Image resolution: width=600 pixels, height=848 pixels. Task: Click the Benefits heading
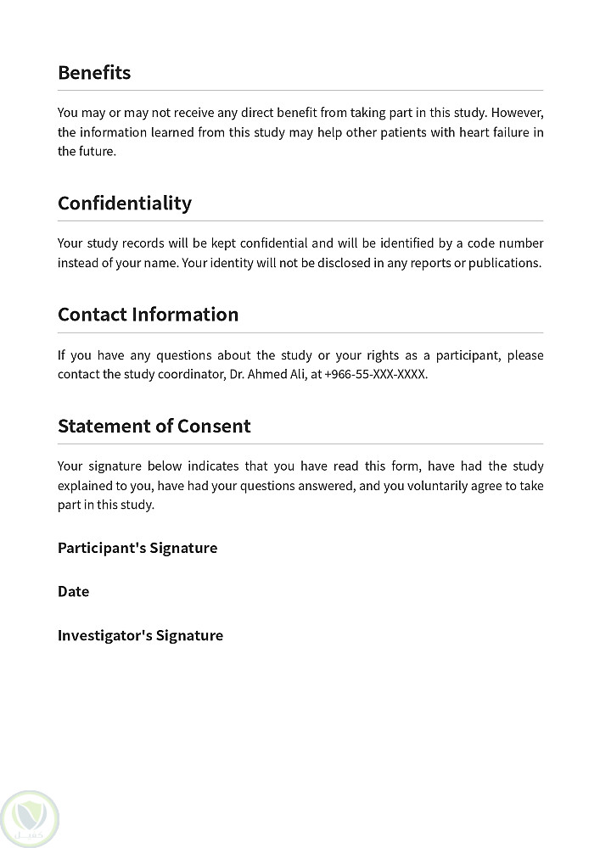point(94,73)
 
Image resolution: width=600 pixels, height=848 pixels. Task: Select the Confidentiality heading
point(125,204)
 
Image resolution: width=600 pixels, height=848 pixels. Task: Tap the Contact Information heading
point(148,315)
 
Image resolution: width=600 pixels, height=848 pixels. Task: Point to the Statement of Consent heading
point(154,426)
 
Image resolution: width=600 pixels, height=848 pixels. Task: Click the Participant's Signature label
point(137,548)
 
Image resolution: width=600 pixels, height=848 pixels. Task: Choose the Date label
point(73,592)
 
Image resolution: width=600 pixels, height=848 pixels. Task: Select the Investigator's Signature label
point(140,636)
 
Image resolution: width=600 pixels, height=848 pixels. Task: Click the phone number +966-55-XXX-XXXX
point(375,374)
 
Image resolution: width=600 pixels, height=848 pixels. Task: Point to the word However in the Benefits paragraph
point(517,113)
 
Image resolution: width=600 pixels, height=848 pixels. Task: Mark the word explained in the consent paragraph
point(87,486)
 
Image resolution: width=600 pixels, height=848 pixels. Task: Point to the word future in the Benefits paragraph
point(97,152)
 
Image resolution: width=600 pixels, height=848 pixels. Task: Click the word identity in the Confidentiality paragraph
point(233,263)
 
